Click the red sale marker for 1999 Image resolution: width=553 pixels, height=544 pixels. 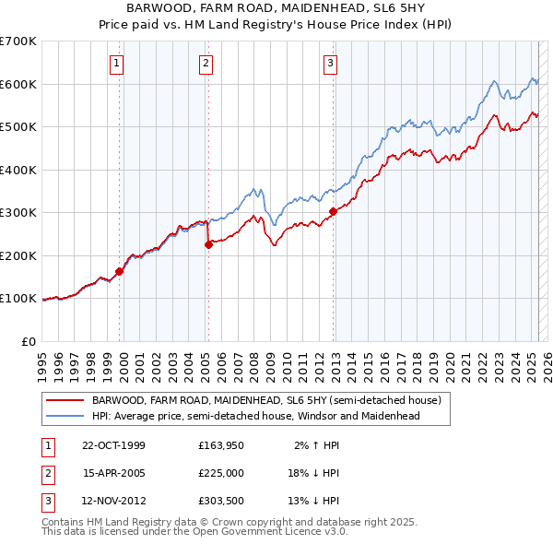(120, 271)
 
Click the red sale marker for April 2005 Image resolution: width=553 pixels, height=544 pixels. (208, 244)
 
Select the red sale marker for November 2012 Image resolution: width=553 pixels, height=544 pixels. (333, 211)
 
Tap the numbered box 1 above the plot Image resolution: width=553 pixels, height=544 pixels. (118, 63)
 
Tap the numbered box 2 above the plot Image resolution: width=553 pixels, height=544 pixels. (206, 63)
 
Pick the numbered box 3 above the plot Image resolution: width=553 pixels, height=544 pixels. (330, 63)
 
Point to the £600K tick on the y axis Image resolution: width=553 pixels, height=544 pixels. (18, 84)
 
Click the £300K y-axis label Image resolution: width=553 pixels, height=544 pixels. (18, 212)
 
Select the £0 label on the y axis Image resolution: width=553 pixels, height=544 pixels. (28, 341)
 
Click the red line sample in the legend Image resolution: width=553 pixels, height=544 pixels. (65, 401)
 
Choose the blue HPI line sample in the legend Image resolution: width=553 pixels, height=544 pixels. (65, 416)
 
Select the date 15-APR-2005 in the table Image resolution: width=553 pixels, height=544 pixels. (114, 473)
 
